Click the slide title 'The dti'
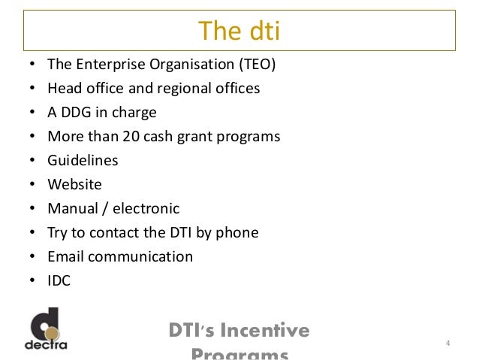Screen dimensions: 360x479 (239, 32)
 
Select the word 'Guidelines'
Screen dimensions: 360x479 (83, 161)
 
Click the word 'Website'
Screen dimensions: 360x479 (74, 185)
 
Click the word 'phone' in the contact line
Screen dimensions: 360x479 (237, 233)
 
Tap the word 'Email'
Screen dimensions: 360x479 (65, 257)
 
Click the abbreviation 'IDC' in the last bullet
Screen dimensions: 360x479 (59, 281)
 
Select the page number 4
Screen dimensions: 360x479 (447, 344)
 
